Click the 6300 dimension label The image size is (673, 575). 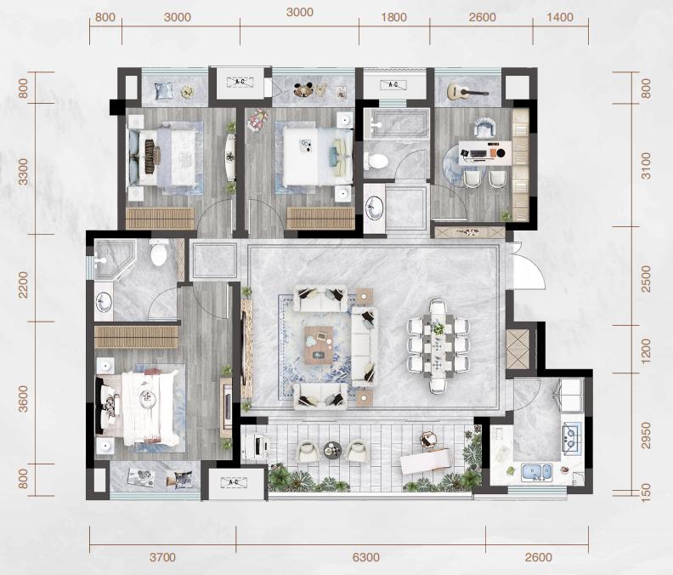click(x=365, y=557)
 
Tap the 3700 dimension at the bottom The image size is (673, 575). click(x=162, y=557)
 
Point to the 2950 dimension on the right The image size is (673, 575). click(x=646, y=436)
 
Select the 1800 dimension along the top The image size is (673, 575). click(x=393, y=17)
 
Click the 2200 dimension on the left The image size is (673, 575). click(x=23, y=284)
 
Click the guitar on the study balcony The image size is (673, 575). click(x=468, y=92)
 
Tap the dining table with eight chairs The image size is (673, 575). click(x=438, y=346)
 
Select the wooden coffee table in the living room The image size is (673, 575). click(x=319, y=345)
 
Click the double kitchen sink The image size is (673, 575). click(x=536, y=472)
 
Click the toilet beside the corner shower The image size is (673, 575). click(x=158, y=253)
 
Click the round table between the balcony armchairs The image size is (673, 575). click(x=331, y=450)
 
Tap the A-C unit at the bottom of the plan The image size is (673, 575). click(x=234, y=482)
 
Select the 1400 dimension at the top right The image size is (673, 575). click(x=561, y=17)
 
